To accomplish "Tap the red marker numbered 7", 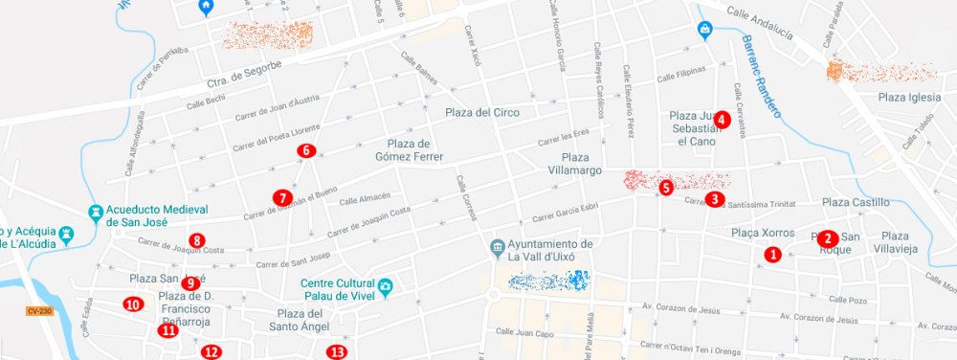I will (x=281, y=197).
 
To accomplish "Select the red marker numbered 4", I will (x=723, y=121).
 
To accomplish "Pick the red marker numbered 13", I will (x=336, y=352).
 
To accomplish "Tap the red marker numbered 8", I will (x=196, y=240).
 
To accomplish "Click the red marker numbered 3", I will (x=714, y=199).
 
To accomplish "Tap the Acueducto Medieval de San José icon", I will (x=96, y=211).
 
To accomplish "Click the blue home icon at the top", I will (x=205, y=8).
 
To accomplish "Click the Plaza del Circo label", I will (x=482, y=113).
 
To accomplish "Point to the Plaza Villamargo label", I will (x=581, y=164).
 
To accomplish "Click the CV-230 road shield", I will (x=39, y=310).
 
